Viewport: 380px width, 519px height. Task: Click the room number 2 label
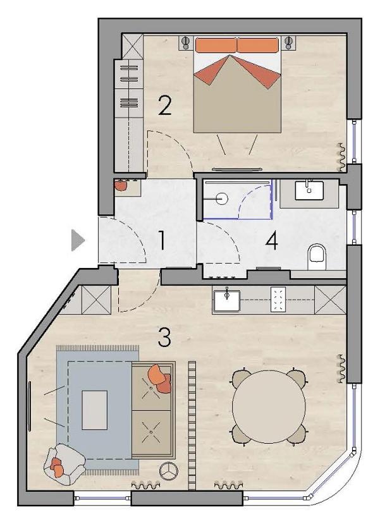pos(165,106)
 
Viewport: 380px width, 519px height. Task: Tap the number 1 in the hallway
pos(162,240)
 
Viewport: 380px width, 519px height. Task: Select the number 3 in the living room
pos(164,337)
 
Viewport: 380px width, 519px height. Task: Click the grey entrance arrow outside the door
pos(78,240)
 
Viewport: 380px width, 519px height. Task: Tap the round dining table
pos(269,406)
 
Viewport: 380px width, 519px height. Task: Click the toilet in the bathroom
pos(317,256)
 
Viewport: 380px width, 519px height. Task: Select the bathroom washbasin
pos(309,190)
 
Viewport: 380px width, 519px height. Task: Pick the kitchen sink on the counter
pos(227,300)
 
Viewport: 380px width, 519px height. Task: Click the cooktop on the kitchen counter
pos(278,299)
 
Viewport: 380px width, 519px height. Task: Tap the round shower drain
pos(222,199)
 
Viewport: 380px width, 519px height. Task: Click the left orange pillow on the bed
pos(216,46)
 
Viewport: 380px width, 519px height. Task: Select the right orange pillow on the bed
pos(258,46)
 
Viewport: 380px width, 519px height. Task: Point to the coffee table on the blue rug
pos(95,410)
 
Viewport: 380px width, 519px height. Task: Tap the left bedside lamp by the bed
pos(186,43)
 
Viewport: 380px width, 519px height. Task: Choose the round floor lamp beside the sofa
pos(169,470)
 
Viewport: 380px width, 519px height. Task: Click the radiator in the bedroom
pos(341,157)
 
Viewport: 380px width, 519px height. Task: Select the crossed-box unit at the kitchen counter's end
pos(329,300)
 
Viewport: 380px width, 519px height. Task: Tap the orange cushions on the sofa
pos(160,378)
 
